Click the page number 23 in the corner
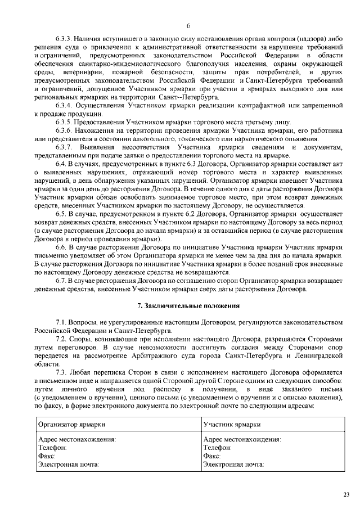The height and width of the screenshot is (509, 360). click(x=345, y=494)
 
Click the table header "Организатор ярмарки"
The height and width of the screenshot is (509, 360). click(x=71, y=425)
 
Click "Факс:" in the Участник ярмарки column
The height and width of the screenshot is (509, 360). click(x=211, y=456)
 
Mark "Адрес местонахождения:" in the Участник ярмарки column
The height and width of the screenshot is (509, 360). click(x=242, y=439)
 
